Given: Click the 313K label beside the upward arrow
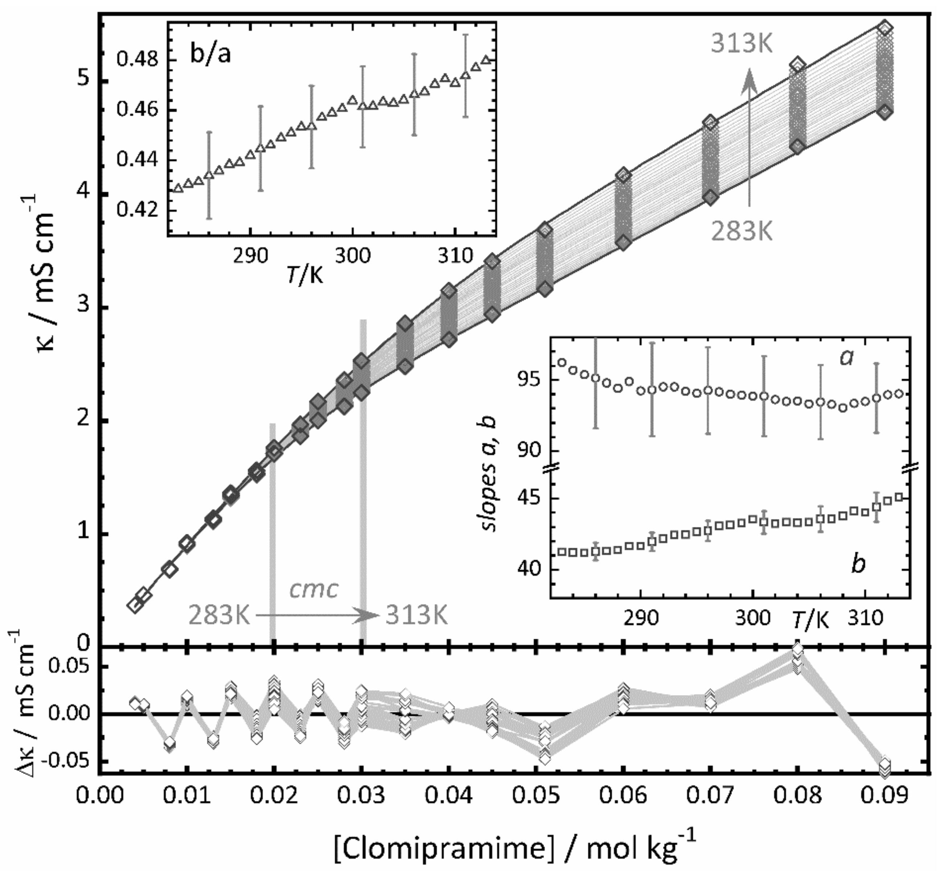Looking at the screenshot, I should [742, 45].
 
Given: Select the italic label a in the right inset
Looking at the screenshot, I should [847, 358].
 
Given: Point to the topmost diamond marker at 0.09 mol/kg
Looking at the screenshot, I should [885, 28].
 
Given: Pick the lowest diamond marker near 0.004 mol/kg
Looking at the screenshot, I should [135, 606].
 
